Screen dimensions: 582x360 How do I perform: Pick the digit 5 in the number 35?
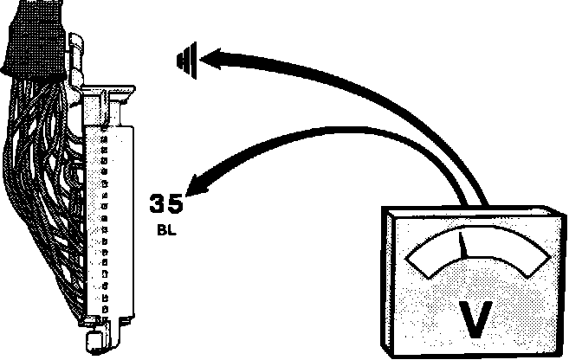click(x=176, y=205)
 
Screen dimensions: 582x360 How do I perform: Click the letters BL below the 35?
click(x=166, y=232)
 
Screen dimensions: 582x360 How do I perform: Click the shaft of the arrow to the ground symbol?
click(x=346, y=87)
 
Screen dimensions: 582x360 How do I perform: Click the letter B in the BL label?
click(x=162, y=232)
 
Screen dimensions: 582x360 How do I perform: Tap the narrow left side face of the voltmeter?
click(x=387, y=277)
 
